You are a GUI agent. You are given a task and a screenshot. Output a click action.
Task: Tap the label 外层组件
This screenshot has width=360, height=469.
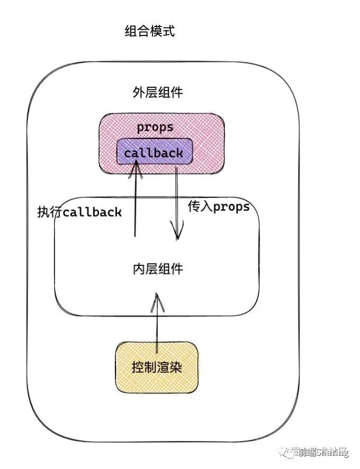157,92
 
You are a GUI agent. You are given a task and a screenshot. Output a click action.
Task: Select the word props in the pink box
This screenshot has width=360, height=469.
155,128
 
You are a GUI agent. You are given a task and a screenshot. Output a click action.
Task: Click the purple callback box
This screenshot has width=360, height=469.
154,153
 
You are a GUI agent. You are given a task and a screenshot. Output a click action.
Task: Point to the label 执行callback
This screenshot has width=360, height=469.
79,212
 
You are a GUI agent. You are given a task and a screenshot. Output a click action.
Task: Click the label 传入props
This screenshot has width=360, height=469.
218,206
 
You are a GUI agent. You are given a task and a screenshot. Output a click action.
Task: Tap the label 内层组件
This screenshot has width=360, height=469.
157,269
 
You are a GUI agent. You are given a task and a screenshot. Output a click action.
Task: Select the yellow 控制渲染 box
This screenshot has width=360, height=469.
157,367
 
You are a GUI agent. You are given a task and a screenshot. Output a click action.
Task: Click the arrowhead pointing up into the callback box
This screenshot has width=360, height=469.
136,166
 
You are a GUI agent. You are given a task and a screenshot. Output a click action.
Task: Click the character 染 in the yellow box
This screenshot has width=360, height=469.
176,367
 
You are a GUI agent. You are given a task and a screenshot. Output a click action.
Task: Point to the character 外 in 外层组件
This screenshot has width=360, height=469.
138,92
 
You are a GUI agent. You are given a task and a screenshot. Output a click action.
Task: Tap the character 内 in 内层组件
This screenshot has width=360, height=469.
138,269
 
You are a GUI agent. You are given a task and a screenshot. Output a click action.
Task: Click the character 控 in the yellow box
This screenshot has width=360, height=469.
138,367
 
